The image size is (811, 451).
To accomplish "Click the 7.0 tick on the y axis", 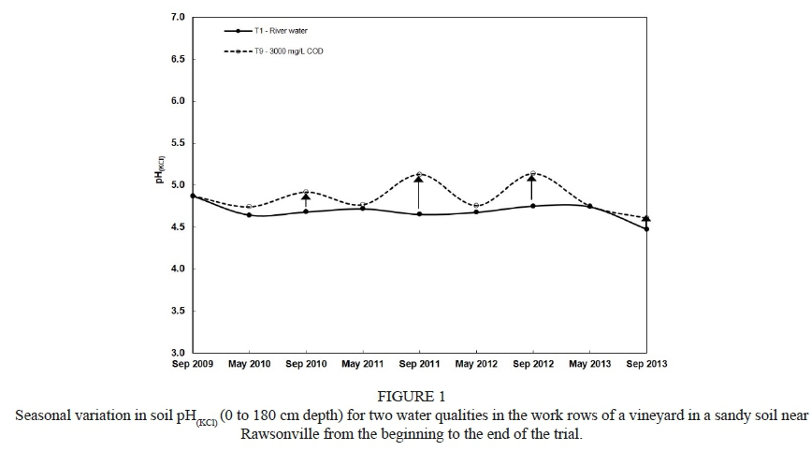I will click(x=178, y=18).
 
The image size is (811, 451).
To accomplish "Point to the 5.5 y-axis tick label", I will click(x=178, y=143).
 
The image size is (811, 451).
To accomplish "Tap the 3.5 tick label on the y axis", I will click(x=178, y=311).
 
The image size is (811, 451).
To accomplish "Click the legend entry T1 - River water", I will click(x=282, y=31).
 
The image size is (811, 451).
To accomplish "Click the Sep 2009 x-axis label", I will click(x=193, y=364).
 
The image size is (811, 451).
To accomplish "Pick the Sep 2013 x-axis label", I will click(x=645, y=364).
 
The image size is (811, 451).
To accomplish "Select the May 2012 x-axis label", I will click(x=475, y=364).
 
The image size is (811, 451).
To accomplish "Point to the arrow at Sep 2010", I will click(x=306, y=201).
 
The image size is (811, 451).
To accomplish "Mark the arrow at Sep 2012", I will click(x=531, y=187).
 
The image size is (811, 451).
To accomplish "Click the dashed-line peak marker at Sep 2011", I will click(x=418, y=174).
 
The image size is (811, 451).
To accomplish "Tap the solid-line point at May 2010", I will click(x=249, y=215).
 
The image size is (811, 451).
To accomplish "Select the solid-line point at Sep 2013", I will click(x=645, y=228).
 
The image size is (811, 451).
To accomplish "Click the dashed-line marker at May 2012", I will click(x=475, y=205).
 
